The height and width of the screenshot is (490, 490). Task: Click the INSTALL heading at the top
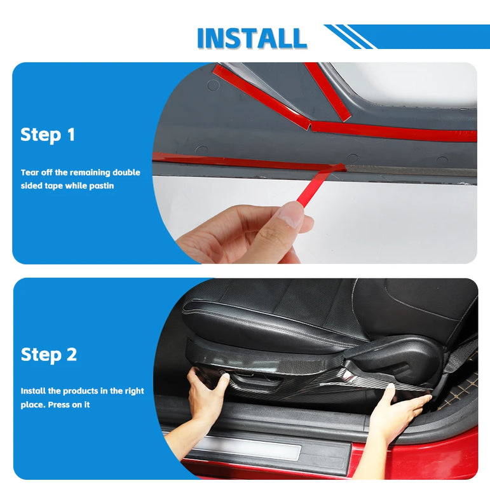coord(252,38)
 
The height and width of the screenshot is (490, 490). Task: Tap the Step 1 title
coord(48,135)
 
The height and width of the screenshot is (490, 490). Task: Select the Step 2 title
coord(49,355)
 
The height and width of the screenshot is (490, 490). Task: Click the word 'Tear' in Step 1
coord(29,172)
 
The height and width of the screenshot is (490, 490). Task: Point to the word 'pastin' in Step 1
coord(102,186)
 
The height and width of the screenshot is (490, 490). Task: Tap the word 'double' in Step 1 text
coord(126,172)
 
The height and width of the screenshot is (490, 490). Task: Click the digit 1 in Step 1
coord(72,135)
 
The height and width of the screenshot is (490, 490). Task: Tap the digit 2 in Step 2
coord(72,355)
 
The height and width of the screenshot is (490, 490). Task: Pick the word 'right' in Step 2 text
coord(134,391)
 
